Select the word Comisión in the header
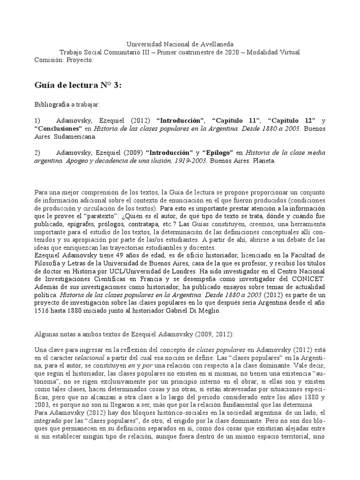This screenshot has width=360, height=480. [49, 60]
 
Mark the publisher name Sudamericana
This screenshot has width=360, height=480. [75, 137]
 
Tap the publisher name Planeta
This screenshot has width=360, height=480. [263, 161]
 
